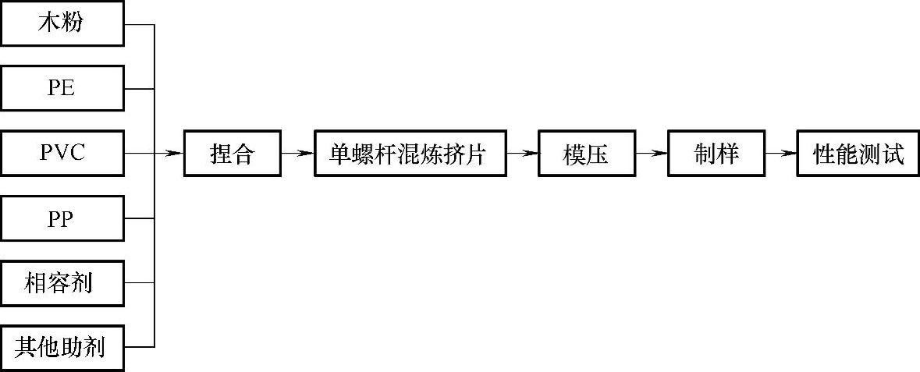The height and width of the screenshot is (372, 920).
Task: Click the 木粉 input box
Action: coord(62,23)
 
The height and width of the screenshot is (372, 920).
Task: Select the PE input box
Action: coord(62,88)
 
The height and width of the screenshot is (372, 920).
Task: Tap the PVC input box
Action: coord(62,153)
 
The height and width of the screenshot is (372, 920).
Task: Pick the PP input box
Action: coord(62,218)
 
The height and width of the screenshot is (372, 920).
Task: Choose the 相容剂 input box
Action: coord(62,282)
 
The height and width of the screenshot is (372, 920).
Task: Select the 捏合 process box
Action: coord(232,154)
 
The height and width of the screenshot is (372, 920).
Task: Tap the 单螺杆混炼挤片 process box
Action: coord(409,154)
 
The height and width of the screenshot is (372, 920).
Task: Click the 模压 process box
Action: coord(585,154)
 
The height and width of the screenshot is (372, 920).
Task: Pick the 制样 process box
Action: coord(716,154)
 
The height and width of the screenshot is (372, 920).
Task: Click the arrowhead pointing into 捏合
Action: coord(177,154)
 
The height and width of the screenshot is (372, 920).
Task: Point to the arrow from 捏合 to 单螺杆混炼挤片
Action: coord(297,154)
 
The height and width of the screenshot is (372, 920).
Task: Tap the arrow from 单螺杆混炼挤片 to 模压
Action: coord(521,154)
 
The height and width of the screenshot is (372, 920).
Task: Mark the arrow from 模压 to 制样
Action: coord(651,154)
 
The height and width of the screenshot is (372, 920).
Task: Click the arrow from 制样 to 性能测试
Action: coord(780,154)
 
